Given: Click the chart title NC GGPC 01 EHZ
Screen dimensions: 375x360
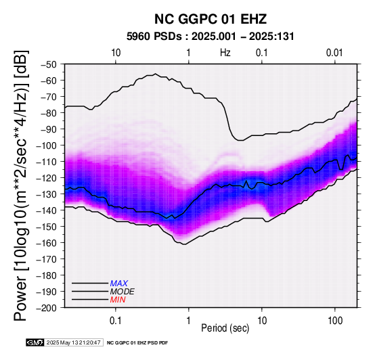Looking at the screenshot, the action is click(x=211, y=19).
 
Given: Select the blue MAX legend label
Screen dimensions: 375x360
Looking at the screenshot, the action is click(x=118, y=284).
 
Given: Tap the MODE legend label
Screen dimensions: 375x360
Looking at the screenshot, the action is click(x=122, y=292).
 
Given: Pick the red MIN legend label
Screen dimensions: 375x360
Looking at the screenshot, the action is click(x=118, y=300).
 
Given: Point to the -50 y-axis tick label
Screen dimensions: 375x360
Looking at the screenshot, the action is click(x=49, y=64).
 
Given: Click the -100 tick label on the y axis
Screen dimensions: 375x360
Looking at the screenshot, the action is click(x=47, y=145).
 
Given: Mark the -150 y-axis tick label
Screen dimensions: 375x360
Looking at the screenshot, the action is click(x=47, y=227).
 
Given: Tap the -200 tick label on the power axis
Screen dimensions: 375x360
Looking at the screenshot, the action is click(x=47, y=308).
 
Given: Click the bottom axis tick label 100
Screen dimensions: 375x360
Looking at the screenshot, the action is click(x=335, y=321).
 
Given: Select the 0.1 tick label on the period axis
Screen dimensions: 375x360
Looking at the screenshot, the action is click(x=116, y=321).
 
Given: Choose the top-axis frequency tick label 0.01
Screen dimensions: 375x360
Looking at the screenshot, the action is click(x=334, y=53).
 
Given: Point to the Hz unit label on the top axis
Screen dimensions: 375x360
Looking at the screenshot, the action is click(x=225, y=53).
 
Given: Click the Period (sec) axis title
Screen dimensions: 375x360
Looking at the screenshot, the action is click(x=225, y=328).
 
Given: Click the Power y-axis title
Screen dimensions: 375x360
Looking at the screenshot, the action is click(x=21, y=185).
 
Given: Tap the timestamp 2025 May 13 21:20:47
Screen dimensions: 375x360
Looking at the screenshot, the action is click(x=73, y=342).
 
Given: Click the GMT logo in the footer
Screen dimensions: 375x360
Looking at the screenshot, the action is click(x=35, y=342).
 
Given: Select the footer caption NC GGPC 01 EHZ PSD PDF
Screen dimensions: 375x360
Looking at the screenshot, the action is click(x=137, y=343).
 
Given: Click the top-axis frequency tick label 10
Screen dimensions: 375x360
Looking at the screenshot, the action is click(x=116, y=53).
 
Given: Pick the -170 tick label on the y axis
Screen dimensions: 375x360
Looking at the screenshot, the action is click(x=47, y=259).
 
